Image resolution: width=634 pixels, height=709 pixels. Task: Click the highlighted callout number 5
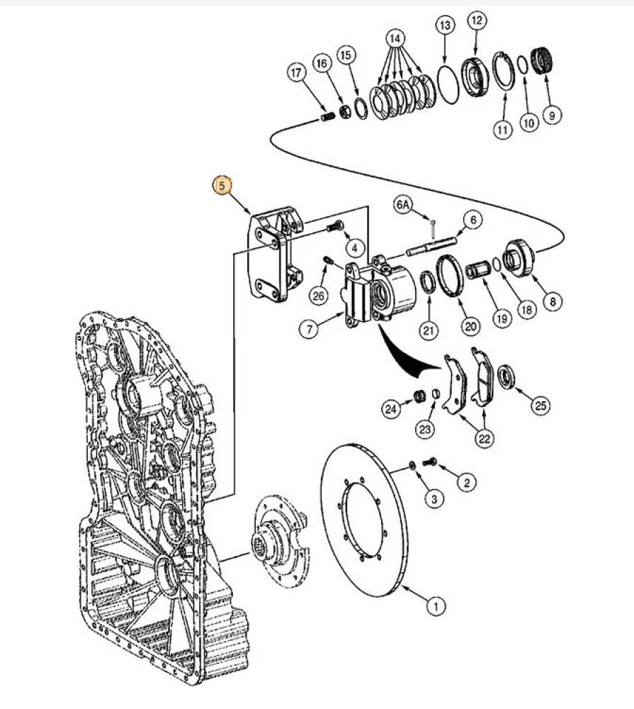click(x=222, y=185)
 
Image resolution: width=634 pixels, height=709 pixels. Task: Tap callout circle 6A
click(x=404, y=205)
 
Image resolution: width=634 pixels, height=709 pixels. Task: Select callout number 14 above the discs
click(x=395, y=39)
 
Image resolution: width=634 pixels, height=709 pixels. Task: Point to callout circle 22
click(x=484, y=438)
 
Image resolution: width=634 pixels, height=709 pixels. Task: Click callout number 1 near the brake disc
click(x=436, y=606)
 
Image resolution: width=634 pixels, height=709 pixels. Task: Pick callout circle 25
click(x=541, y=406)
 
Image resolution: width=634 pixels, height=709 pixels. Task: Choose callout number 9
click(x=552, y=115)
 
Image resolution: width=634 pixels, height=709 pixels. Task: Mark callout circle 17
click(x=296, y=73)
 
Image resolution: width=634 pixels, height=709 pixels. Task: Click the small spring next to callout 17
click(x=328, y=117)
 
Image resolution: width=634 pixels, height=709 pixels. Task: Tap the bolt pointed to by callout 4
click(x=335, y=225)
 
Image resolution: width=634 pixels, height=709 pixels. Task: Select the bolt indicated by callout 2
click(x=430, y=462)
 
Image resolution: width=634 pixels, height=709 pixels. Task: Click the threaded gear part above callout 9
click(x=543, y=62)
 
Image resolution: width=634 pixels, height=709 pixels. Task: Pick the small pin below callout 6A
click(x=434, y=229)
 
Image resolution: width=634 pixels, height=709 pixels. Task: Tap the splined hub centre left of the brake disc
click(x=264, y=541)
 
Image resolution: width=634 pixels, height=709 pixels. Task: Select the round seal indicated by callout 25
click(x=506, y=378)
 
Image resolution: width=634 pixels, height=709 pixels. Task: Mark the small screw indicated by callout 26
click(x=328, y=261)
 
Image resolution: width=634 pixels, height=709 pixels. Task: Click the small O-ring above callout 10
click(x=521, y=65)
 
